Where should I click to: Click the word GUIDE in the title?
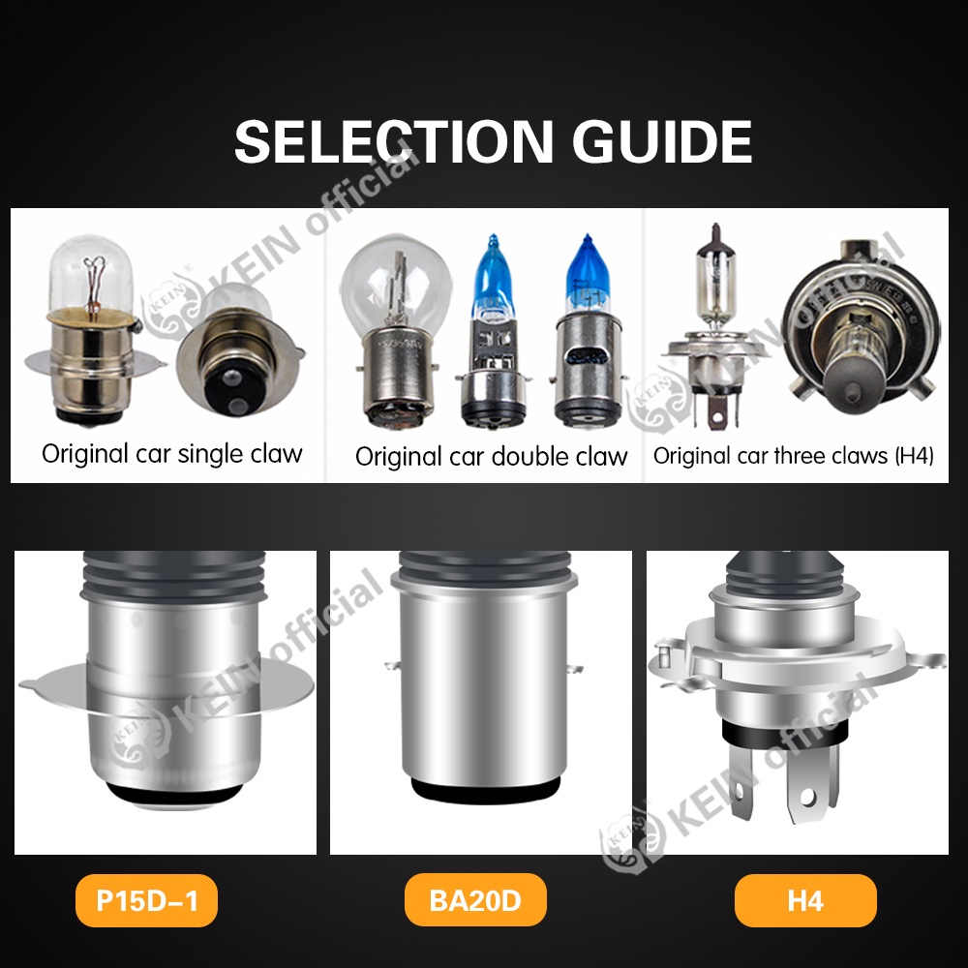point(662,141)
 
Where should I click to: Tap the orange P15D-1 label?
point(147,901)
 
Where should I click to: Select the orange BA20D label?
point(475,901)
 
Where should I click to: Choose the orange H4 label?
point(805,901)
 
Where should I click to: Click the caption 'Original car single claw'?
point(172,453)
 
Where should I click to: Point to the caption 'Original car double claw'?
point(491,456)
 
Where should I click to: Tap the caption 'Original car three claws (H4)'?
point(794,456)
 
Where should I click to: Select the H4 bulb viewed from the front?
point(856,334)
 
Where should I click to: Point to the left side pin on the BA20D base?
point(389,665)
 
